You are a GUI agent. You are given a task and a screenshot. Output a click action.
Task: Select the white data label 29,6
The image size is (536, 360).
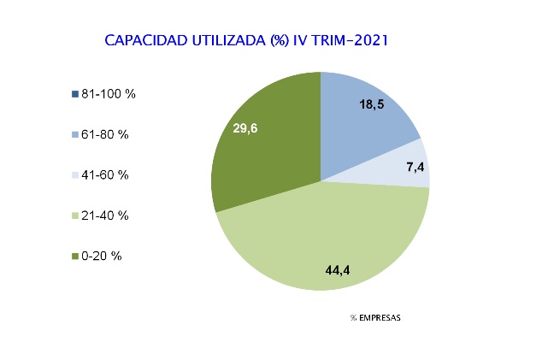246,128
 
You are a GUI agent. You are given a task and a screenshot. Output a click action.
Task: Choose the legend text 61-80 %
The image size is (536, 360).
105,135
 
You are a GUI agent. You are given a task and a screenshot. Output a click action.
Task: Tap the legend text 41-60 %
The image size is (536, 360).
105,175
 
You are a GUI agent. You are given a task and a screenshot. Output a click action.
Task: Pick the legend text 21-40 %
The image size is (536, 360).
105,215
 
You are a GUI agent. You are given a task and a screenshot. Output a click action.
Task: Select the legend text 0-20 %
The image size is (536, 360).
102,256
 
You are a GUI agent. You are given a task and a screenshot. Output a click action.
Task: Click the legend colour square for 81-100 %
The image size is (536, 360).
76,94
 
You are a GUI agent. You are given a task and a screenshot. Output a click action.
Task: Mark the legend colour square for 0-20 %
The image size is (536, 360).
76,256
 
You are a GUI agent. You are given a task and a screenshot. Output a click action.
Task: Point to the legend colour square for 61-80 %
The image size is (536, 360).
76,135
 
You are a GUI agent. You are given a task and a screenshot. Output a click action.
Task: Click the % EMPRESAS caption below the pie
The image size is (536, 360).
374,318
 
